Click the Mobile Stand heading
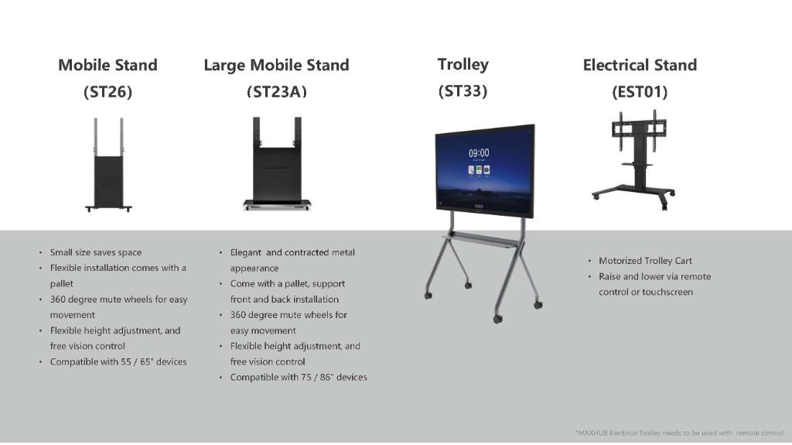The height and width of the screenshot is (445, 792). click(x=108, y=65)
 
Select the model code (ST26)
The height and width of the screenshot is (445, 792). click(x=108, y=91)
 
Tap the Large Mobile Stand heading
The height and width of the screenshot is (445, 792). click(x=276, y=65)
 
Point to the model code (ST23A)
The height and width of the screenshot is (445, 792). click(x=276, y=91)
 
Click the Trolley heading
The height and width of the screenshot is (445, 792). click(x=463, y=64)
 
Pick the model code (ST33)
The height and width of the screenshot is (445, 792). click(x=463, y=91)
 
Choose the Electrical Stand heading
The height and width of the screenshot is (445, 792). click(x=640, y=65)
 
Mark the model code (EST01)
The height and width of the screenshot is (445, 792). click(x=640, y=91)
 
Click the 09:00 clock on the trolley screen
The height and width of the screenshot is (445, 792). click(x=479, y=153)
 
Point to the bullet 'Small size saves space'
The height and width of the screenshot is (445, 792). click(x=96, y=252)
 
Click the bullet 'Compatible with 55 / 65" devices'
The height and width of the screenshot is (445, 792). click(x=118, y=361)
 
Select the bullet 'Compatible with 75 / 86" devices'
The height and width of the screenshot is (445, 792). click(x=299, y=377)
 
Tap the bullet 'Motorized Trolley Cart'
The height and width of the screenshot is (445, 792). click(x=645, y=261)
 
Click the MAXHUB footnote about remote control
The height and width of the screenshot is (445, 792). click(x=680, y=433)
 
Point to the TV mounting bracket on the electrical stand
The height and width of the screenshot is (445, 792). click(x=635, y=125)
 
